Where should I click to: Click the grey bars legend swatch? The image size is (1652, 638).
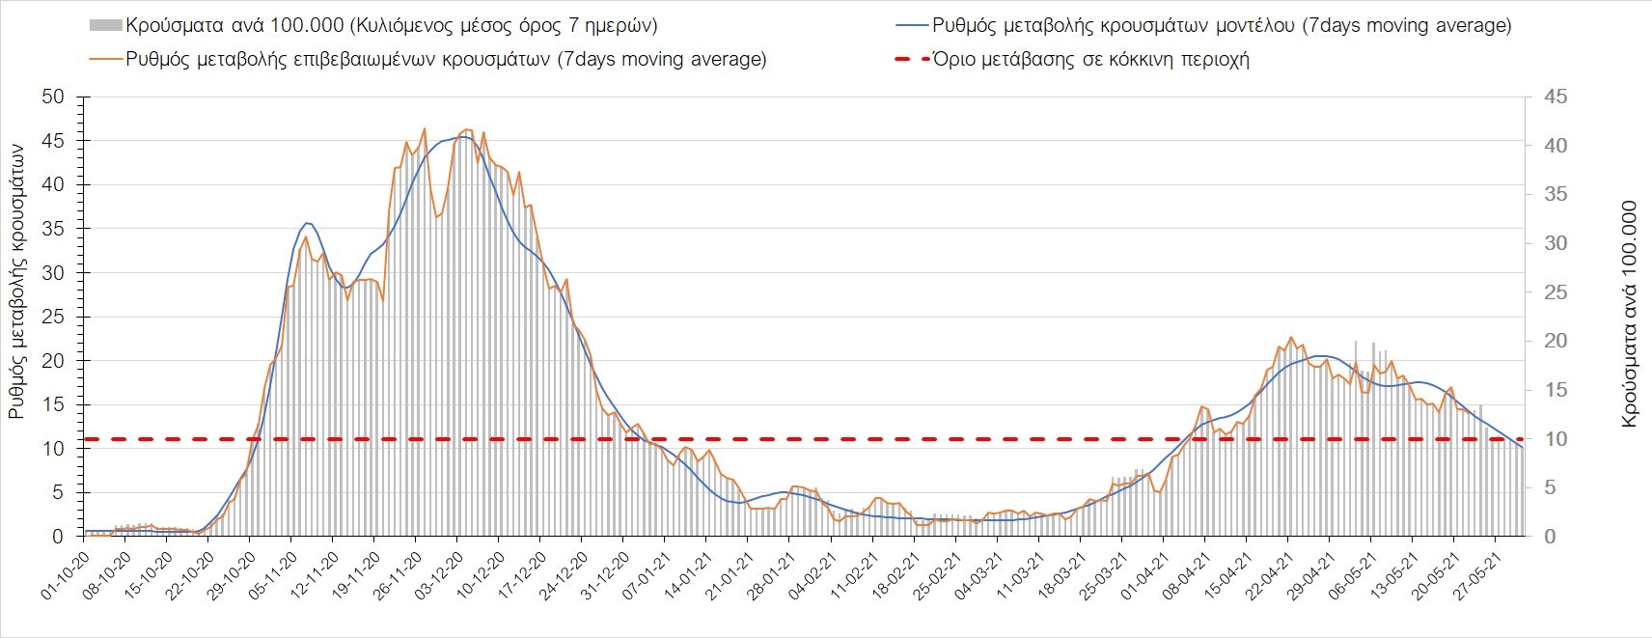click(x=105, y=26)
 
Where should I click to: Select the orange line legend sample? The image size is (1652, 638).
click(x=105, y=60)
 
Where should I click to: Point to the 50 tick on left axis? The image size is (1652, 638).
click(x=53, y=97)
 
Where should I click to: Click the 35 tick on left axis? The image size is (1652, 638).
click(x=53, y=230)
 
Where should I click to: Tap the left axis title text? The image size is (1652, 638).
click(x=17, y=280)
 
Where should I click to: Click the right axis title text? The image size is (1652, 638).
click(x=1630, y=314)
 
